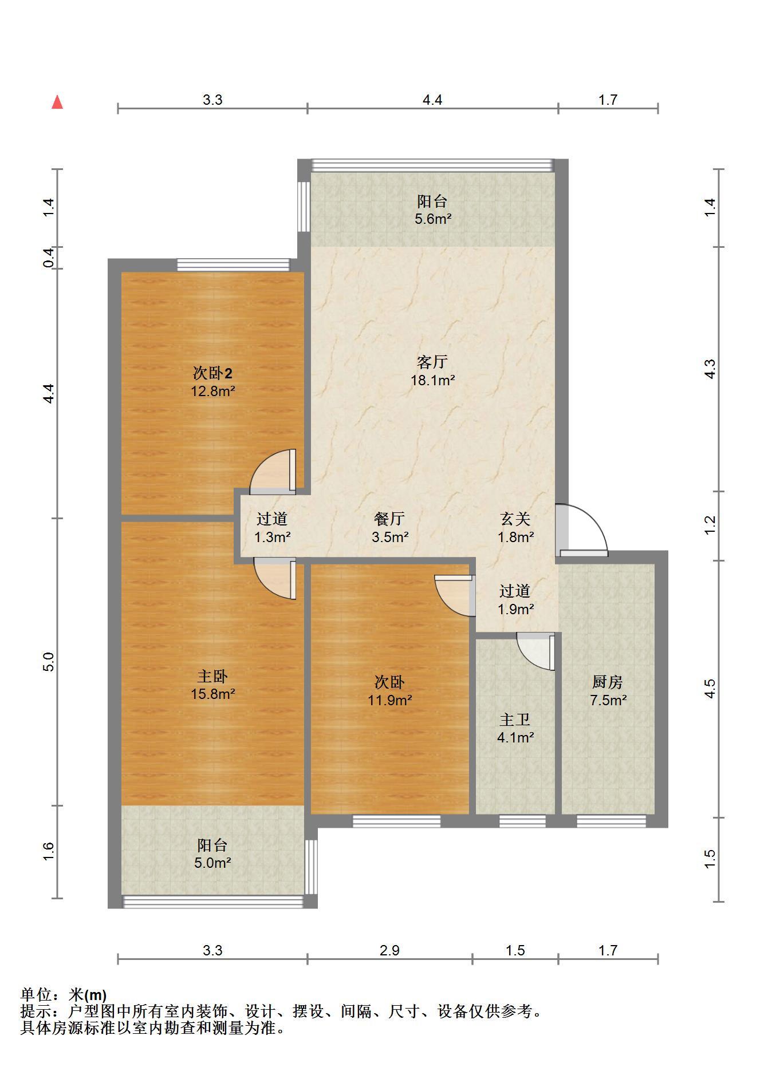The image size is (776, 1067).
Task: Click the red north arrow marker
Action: (57, 102)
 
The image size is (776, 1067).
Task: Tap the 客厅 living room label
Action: (432, 362)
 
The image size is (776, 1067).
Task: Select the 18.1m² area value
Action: (432, 380)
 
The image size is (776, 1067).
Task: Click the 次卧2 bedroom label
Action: (212, 374)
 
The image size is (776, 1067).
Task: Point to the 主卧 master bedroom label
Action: (212, 676)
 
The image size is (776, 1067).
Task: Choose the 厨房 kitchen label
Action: (607, 682)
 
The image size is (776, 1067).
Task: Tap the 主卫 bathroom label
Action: (515, 720)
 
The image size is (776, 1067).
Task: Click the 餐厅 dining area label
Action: (389, 519)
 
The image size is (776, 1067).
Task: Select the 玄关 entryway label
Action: (515, 519)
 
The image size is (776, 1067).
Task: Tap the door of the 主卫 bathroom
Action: (537, 651)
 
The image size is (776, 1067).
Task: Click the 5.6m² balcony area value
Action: (433, 219)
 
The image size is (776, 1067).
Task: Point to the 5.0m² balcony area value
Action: (212, 863)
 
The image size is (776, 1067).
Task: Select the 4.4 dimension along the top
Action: (432, 100)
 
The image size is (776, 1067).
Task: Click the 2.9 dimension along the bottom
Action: (389, 950)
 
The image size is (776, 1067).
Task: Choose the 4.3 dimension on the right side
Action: (710, 369)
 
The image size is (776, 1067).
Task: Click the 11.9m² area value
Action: (389, 700)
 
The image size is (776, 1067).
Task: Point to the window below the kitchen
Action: (611, 821)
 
